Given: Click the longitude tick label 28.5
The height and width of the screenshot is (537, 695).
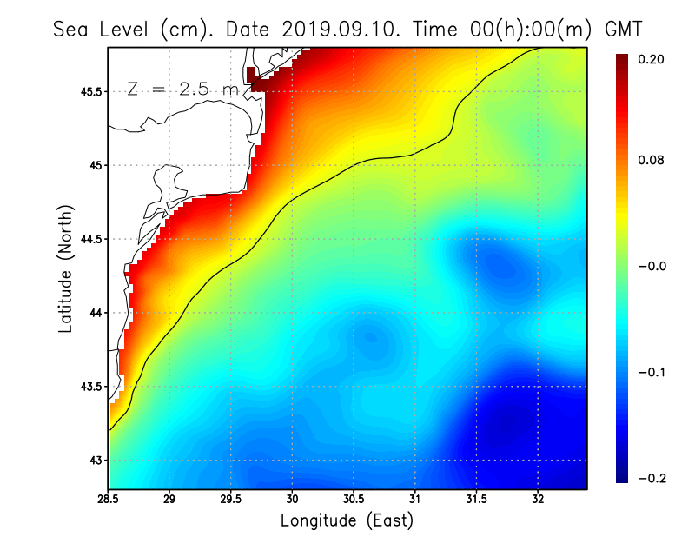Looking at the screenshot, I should (109, 500).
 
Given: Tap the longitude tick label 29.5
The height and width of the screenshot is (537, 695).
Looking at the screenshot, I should (230, 500).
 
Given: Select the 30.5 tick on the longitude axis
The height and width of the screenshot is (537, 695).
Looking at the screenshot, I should (353, 500).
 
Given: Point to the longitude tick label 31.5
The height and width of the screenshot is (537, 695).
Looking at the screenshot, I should (476, 500).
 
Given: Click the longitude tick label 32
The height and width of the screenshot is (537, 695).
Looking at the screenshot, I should (538, 500).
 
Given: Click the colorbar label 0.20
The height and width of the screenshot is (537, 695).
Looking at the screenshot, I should (652, 59).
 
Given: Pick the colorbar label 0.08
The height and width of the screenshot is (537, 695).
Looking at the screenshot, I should (652, 161).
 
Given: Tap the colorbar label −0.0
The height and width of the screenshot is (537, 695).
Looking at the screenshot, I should (652, 266).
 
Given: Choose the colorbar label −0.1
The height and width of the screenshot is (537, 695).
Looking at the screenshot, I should (652, 372).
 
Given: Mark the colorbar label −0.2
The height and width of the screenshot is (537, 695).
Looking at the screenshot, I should (652, 477).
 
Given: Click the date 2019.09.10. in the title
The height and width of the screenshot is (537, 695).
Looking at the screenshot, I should (340, 30).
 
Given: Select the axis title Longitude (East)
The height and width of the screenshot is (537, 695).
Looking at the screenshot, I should (347, 520).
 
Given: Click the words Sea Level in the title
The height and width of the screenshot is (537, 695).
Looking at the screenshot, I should (103, 30).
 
